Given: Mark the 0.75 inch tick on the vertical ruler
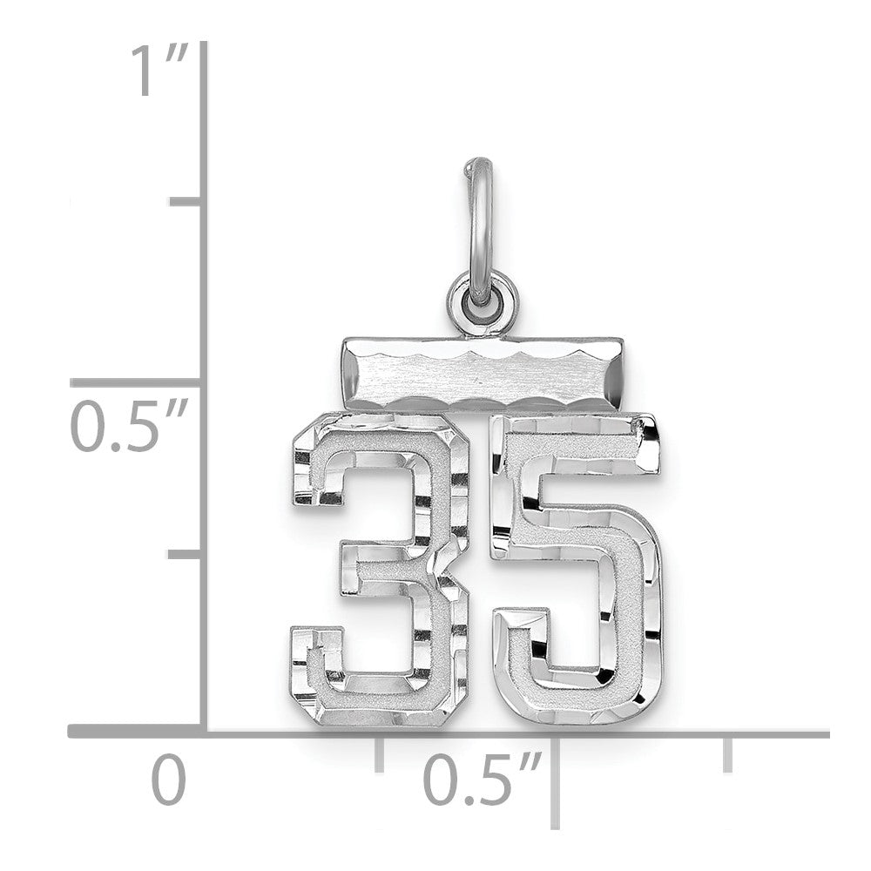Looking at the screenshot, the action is (x=186, y=200).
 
